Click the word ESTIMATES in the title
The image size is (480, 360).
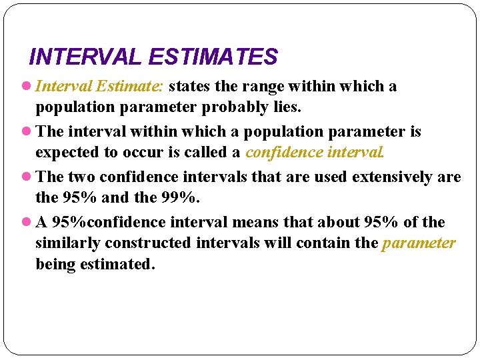(x=213, y=57)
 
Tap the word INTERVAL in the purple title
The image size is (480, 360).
(x=86, y=57)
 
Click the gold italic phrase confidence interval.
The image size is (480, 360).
(x=315, y=153)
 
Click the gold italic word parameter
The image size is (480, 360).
(x=419, y=243)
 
